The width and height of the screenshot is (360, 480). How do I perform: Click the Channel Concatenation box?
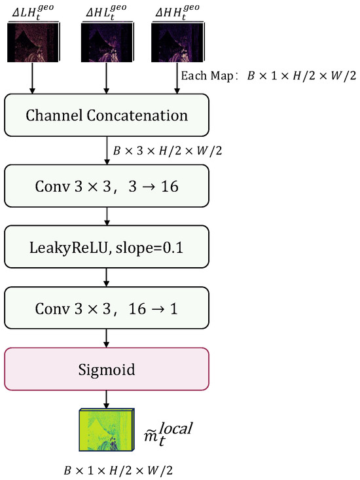(107, 115)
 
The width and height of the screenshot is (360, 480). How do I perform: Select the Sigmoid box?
(107, 369)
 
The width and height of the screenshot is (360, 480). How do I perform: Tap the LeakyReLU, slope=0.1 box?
(107, 247)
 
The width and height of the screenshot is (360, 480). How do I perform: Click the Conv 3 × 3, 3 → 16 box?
(107, 186)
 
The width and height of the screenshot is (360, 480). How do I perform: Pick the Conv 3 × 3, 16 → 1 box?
(107, 308)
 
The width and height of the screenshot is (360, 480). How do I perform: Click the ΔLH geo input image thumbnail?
(33, 42)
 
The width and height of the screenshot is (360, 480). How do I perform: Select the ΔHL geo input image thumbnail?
(107, 42)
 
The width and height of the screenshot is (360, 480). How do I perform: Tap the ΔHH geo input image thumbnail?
(177, 42)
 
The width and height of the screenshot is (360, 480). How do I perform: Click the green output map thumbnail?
(107, 430)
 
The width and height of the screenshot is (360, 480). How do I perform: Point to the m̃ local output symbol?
(168, 434)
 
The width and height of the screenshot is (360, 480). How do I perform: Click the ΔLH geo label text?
(33, 12)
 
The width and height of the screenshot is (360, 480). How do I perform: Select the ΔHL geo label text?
(106, 12)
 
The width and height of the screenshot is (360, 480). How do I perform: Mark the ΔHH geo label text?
(177, 12)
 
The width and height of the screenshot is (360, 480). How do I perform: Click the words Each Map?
(207, 75)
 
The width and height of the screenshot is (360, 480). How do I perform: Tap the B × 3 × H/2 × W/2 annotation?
(168, 151)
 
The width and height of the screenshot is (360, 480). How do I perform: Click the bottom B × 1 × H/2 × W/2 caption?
(118, 470)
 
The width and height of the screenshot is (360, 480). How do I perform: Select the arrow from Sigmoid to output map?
(107, 399)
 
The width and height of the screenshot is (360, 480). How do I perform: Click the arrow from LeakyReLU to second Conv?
(107, 278)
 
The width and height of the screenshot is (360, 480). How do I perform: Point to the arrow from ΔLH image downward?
(32, 78)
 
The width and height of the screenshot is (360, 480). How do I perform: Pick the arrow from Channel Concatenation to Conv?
(107, 151)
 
